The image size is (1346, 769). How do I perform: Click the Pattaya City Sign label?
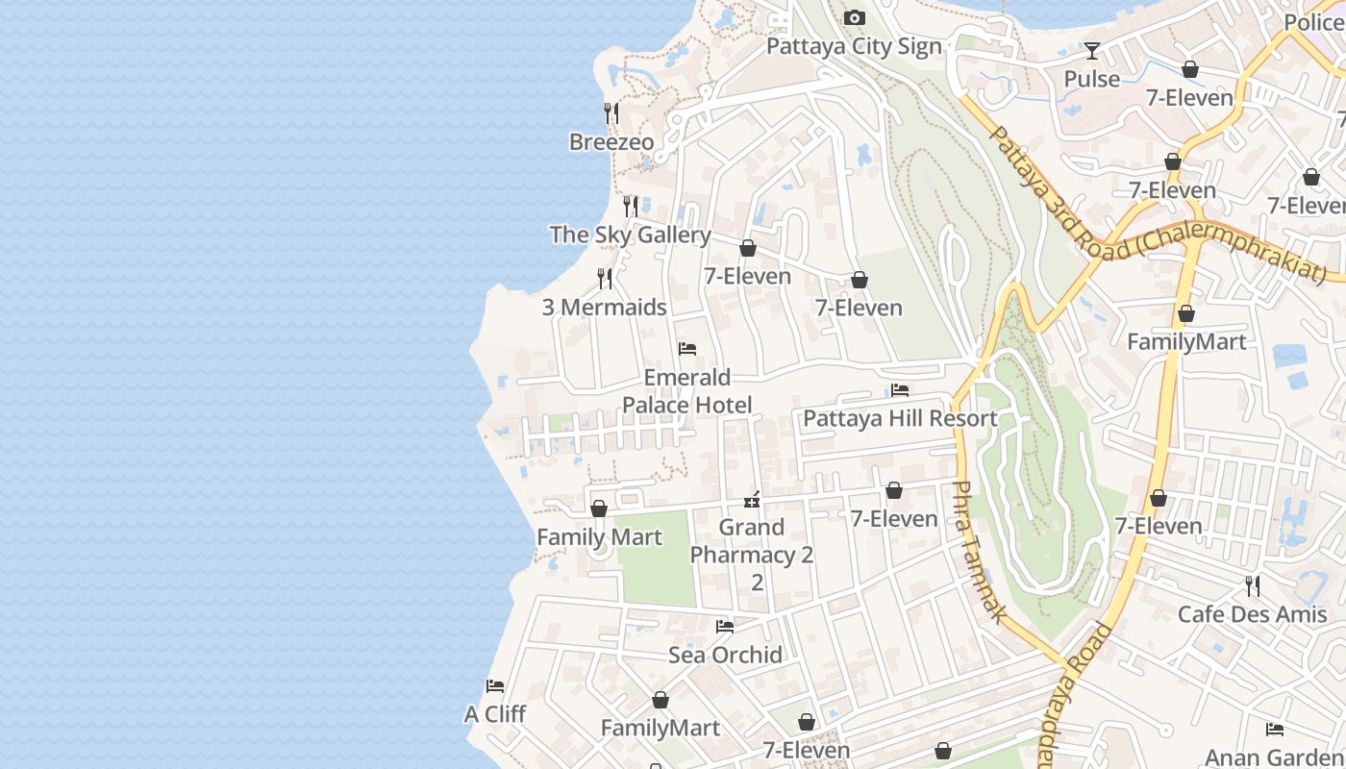click(x=854, y=46)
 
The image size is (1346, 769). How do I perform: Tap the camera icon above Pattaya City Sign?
click(x=854, y=18)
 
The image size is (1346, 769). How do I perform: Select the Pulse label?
click(x=1091, y=79)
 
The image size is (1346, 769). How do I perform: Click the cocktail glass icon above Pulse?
click(x=1091, y=51)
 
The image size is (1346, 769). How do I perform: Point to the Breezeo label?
click(x=611, y=142)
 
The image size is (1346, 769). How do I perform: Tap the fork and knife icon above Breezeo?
click(x=611, y=113)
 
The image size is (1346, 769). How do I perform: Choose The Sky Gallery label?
click(x=630, y=235)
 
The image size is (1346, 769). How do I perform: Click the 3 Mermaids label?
click(x=604, y=308)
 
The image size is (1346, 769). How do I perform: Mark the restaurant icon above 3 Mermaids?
click(x=605, y=279)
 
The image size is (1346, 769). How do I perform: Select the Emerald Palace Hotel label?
click(x=686, y=391)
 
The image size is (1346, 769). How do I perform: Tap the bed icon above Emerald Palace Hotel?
click(x=686, y=349)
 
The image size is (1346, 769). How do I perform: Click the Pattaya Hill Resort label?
click(x=900, y=419)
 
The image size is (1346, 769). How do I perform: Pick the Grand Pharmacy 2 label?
click(x=752, y=541)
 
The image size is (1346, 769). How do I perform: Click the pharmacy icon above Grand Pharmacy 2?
click(x=752, y=500)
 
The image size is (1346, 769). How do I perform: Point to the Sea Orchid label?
click(x=725, y=656)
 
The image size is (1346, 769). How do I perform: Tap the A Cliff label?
click(x=495, y=714)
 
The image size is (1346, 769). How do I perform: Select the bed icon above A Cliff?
click(x=495, y=686)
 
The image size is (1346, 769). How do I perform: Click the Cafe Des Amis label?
click(x=1252, y=614)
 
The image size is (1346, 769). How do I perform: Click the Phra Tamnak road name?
click(x=979, y=552)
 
